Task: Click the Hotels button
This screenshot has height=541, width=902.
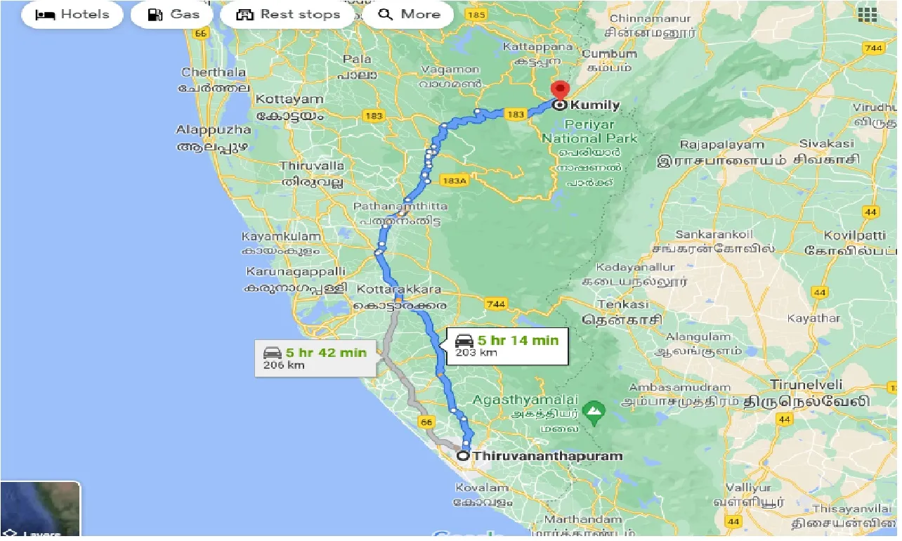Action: click(72, 15)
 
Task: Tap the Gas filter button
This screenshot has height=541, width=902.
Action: click(172, 15)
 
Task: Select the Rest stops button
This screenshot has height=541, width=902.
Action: click(288, 15)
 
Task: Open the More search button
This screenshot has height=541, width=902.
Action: click(407, 15)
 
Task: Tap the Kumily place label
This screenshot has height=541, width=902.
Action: click(594, 105)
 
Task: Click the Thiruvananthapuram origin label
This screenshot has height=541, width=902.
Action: click(547, 456)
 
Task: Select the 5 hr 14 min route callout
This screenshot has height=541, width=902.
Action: click(506, 345)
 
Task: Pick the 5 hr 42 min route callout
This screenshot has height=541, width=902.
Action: click(315, 358)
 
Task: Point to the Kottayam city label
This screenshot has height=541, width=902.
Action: click(289, 100)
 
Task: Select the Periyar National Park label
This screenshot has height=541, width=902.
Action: click(589, 131)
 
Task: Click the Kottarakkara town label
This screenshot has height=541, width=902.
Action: click(398, 289)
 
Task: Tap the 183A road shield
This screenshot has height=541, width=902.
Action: click(454, 181)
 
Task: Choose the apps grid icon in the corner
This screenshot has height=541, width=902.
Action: click(867, 15)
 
